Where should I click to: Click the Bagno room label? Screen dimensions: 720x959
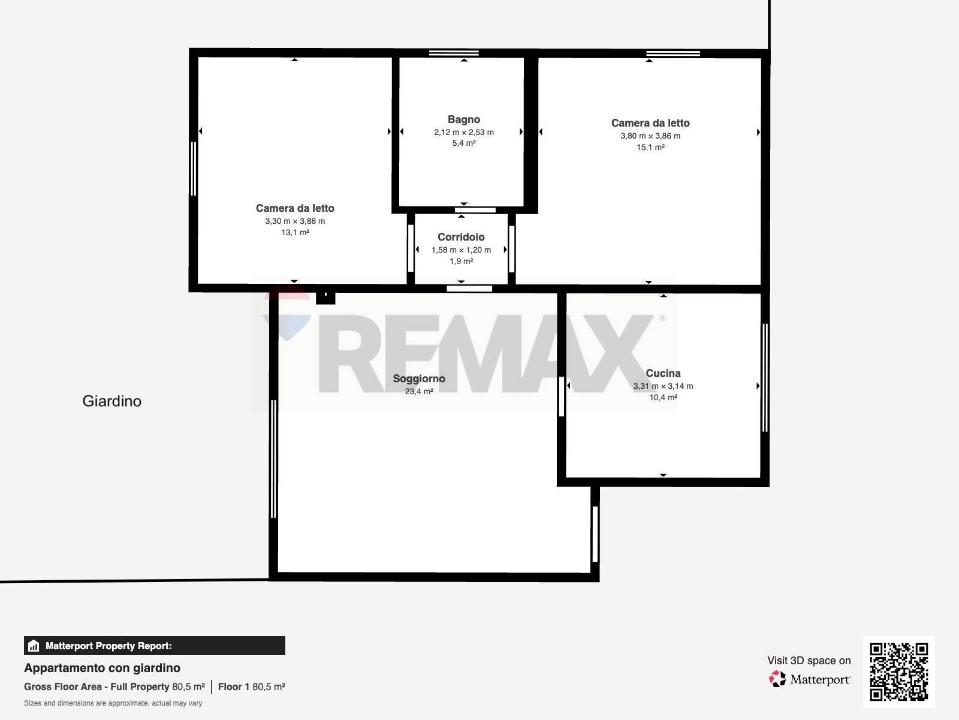[x=463, y=119]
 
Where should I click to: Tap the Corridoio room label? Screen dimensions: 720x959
[x=461, y=237]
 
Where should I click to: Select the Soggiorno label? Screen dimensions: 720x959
[x=419, y=379]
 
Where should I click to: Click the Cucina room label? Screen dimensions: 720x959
[x=663, y=373]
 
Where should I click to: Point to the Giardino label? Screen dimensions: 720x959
[x=112, y=401]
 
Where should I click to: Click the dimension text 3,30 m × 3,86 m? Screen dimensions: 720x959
[x=295, y=221]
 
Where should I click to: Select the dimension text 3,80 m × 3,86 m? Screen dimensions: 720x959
[x=650, y=136]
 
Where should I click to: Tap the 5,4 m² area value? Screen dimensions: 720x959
[x=463, y=143]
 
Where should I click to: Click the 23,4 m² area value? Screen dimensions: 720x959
[x=419, y=392]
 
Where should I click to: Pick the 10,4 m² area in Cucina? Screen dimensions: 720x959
[x=663, y=397]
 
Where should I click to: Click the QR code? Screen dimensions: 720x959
[x=898, y=671]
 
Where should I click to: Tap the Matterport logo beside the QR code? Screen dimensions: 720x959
[x=810, y=679]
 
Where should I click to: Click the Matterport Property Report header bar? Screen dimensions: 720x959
[x=154, y=646]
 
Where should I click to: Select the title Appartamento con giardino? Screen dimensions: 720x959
[x=102, y=668]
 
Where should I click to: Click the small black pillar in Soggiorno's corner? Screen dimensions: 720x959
[x=325, y=296]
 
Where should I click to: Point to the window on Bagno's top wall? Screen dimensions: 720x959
[x=454, y=53]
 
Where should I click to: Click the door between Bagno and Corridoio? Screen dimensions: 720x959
[x=475, y=210]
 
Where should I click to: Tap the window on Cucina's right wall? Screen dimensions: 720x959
[x=765, y=377]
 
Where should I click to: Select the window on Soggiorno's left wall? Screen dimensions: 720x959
[x=274, y=459]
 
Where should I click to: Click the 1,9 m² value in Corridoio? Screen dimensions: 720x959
[x=461, y=262]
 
